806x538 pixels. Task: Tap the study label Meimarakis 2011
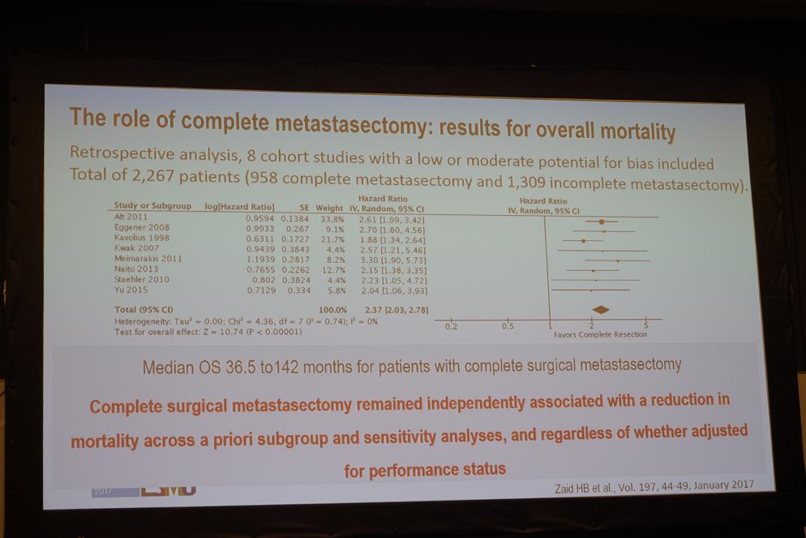click(x=148, y=259)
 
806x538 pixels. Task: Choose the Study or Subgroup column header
click(x=152, y=206)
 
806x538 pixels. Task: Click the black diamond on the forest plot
click(x=601, y=310)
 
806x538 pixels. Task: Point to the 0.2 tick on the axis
click(x=451, y=326)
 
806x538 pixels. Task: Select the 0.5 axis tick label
click(x=508, y=326)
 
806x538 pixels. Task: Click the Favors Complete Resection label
click(x=600, y=334)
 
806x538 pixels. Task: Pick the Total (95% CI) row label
click(x=143, y=310)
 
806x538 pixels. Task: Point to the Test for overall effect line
click(x=208, y=331)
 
